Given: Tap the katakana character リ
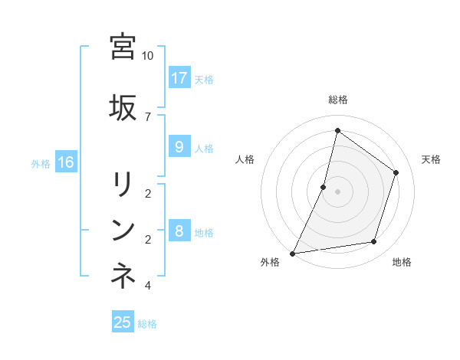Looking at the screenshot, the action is coord(123,184).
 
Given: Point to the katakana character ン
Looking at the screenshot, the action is coord(123,230).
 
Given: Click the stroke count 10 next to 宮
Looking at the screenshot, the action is coord(148,56).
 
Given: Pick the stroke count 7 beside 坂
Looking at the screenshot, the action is coord(148,116).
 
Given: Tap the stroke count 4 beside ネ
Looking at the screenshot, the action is coord(148,286).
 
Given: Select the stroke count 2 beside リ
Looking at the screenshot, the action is coord(148,193).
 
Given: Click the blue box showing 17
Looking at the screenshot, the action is coord(179,78).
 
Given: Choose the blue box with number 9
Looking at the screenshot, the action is coord(179,147).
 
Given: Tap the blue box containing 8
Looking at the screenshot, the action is coord(179,231).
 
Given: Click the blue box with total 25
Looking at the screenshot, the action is coord(123,322).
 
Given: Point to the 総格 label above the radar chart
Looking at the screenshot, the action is coord(337,100).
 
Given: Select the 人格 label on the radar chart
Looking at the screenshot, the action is coord(245,159).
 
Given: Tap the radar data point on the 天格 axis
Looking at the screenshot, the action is coord(396,172).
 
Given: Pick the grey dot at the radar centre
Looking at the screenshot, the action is coord(337,191).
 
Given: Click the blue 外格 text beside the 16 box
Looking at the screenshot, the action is coord(41,163).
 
